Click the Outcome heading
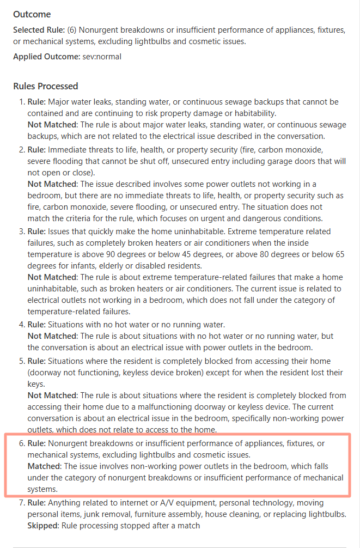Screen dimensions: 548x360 [x=32, y=14]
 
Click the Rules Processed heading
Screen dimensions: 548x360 [x=46, y=86]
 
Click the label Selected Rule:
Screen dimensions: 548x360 [x=39, y=30]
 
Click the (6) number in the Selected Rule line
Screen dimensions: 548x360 [x=72, y=30]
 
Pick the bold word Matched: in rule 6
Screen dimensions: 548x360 [x=45, y=466]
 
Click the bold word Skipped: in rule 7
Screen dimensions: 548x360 [x=44, y=526]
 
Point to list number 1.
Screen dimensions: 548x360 [x=22, y=102]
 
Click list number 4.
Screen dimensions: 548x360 [x=22, y=325]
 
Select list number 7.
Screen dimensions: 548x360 [x=22, y=502]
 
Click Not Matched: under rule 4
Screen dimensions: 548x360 [x=52, y=336]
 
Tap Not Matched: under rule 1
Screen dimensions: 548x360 [x=52, y=125]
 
